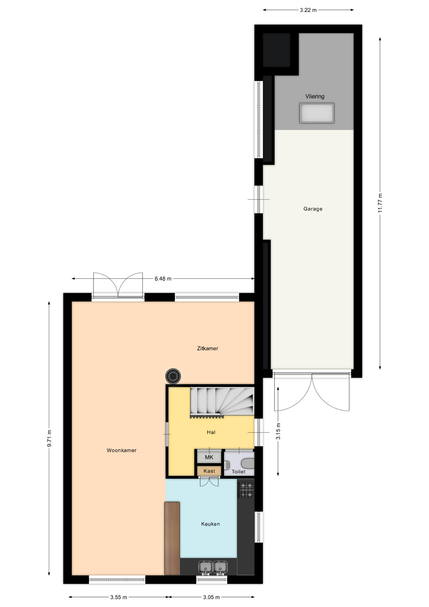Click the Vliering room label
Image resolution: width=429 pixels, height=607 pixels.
click(315, 96)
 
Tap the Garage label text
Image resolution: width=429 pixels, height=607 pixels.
click(313, 209)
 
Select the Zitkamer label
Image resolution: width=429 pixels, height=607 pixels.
click(208, 348)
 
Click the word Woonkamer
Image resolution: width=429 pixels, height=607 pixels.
click(122, 451)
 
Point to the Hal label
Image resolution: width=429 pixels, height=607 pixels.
click(211, 432)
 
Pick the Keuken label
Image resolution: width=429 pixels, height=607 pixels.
click(210, 524)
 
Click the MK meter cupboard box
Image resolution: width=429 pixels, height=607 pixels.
click(209, 457)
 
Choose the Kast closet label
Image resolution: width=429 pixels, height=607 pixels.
click(209, 471)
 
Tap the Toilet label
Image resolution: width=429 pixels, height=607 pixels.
click(239, 472)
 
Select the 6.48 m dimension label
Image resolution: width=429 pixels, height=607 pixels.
click(163, 279)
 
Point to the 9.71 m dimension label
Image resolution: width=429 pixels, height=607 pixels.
click(49, 438)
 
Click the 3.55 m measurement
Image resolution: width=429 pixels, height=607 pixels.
click(119, 597)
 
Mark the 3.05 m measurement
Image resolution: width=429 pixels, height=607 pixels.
click(211, 597)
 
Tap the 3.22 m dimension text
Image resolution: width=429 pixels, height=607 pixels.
click(308, 10)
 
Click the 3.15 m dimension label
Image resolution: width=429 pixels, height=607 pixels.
click(278, 431)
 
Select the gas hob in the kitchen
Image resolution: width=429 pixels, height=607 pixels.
click(246, 490)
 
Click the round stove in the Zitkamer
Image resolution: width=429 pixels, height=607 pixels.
click(173, 376)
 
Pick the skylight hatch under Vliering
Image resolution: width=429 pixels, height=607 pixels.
click(317, 113)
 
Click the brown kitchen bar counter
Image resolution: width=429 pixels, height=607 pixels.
click(172, 538)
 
